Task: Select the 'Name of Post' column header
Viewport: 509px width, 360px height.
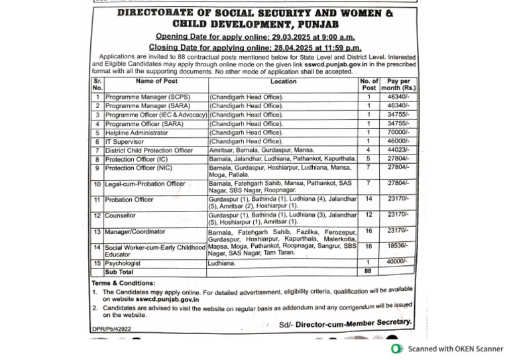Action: click(x=156, y=82)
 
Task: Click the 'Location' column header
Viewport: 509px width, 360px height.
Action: click(x=284, y=82)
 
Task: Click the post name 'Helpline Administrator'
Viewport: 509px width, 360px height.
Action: click(x=137, y=133)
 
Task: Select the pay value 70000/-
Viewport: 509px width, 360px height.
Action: click(x=399, y=133)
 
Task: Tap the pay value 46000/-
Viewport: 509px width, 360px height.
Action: click(x=399, y=141)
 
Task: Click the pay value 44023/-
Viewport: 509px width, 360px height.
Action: click(x=399, y=150)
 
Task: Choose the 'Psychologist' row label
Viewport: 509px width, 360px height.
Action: click(x=123, y=263)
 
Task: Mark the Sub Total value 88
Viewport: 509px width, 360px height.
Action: click(x=368, y=271)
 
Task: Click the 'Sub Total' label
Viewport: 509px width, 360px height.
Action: click(x=119, y=271)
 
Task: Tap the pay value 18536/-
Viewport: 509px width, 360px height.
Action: click(x=399, y=245)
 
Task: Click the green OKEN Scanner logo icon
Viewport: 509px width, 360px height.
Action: click(x=396, y=349)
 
